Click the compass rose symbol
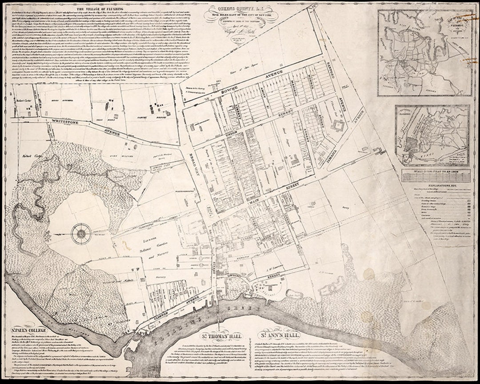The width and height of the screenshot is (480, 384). [81, 232]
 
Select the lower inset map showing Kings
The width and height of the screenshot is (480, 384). [432, 135]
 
